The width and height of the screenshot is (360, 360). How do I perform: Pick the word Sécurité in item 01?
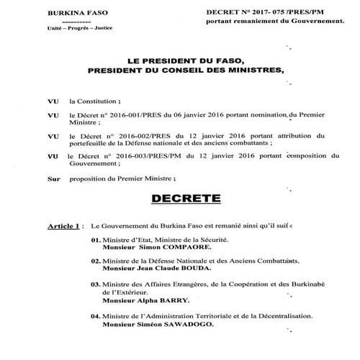point(209,238)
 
